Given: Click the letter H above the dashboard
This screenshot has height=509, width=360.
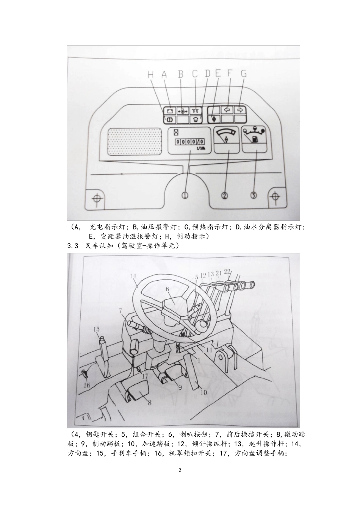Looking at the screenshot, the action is pyautogui.click(x=151, y=74).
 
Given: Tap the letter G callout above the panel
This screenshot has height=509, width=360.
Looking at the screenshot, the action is pyautogui.click(x=244, y=73).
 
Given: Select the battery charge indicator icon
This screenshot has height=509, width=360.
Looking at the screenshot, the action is pyautogui.click(x=170, y=111).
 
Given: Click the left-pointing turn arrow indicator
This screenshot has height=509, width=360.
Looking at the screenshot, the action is pyautogui.click(x=227, y=110).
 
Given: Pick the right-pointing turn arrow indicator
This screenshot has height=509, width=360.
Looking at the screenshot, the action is pyautogui.click(x=240, y=110).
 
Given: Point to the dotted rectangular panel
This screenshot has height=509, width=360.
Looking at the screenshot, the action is pyautogui.click(x=135, y=142).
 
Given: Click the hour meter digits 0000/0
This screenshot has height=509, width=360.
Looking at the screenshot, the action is pyautogui.click(x=189, y=142).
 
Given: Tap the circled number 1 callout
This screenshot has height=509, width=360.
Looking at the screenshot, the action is pyautogui.click(x=185, y=195).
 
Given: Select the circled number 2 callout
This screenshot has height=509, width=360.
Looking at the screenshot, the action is pyautogui.click(x=224, y=195).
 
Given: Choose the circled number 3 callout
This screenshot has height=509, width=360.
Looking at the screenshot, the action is pyautogui.click(x=254, y=195).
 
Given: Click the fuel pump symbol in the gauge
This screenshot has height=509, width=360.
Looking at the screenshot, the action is pyautogui.click(x=255, y=139).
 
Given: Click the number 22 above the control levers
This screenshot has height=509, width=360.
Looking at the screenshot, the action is pyautogui.click(x=227, y=271).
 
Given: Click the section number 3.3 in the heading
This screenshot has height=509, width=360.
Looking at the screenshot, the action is pyautogui.click(x=73, y=246).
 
